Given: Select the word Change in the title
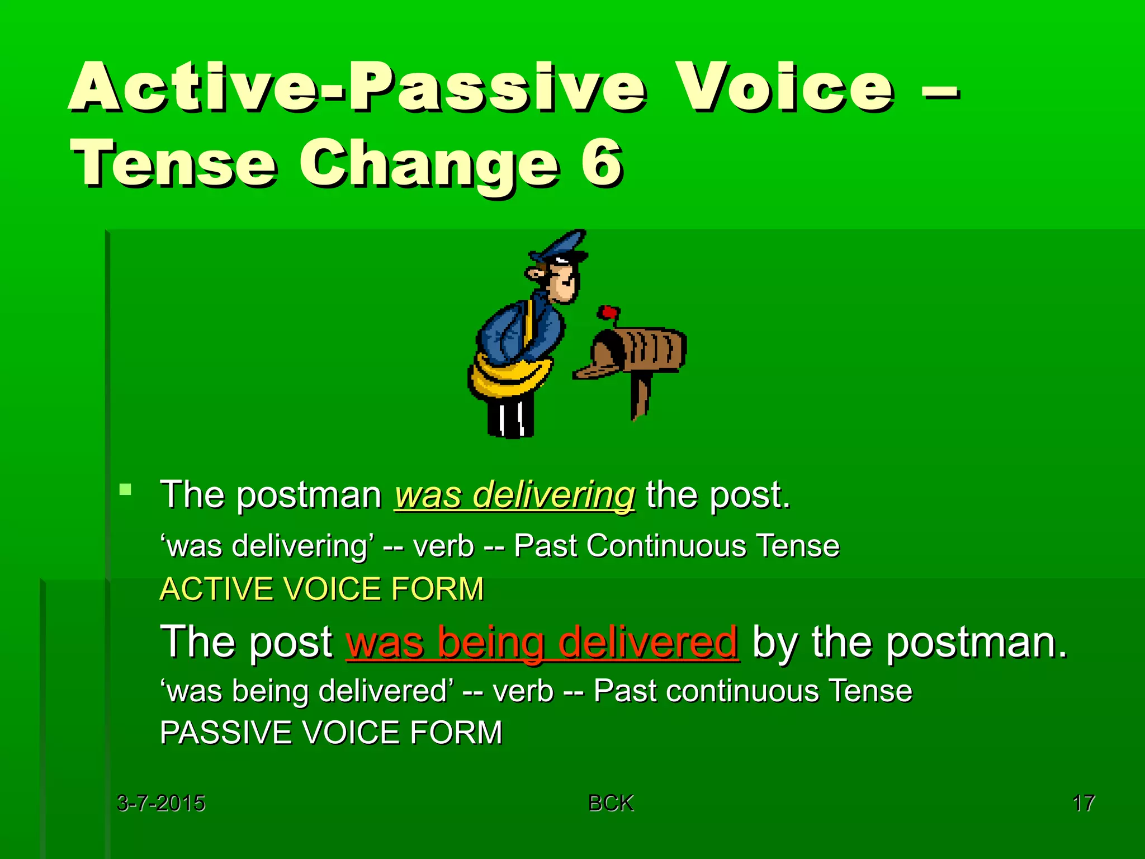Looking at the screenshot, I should (x=429, y=163).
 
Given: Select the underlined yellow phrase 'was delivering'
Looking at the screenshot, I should (x=514, y=495).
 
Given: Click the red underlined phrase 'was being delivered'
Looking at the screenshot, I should (x=542, y=642).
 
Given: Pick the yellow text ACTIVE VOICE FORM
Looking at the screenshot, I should (x=321, y=589).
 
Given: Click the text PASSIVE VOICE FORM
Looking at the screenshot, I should (x=331, y=733).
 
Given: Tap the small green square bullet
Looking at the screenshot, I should (x=126, y=490).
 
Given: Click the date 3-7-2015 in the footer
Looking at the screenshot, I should (x=161, y=803).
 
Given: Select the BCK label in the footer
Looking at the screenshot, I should (x=611, y=803).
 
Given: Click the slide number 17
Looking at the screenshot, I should (x=1083, y=803).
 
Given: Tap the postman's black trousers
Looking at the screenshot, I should (x=510, y=416).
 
